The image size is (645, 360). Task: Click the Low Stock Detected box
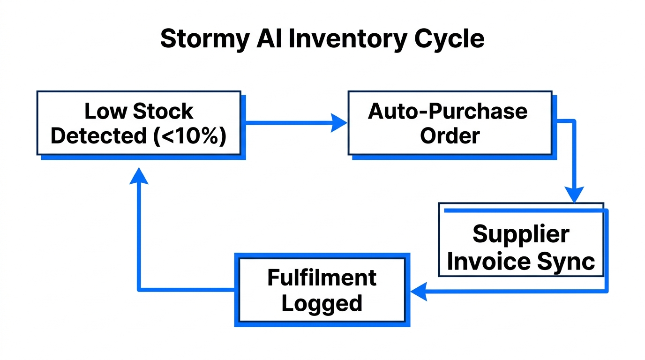coord(139,123)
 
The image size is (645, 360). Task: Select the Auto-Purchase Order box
coord(450,123)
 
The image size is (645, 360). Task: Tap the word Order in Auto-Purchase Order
coord(450,136)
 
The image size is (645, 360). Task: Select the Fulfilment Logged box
coord(322,290)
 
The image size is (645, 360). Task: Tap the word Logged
coord(322,303)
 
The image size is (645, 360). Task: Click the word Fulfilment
coord(322,278)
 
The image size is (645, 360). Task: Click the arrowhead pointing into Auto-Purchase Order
coord(339,123)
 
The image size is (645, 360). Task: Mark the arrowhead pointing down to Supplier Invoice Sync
coord(574,194)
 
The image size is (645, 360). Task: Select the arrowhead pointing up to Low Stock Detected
coord(139,176)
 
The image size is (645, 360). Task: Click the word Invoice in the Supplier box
coord(489,262)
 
